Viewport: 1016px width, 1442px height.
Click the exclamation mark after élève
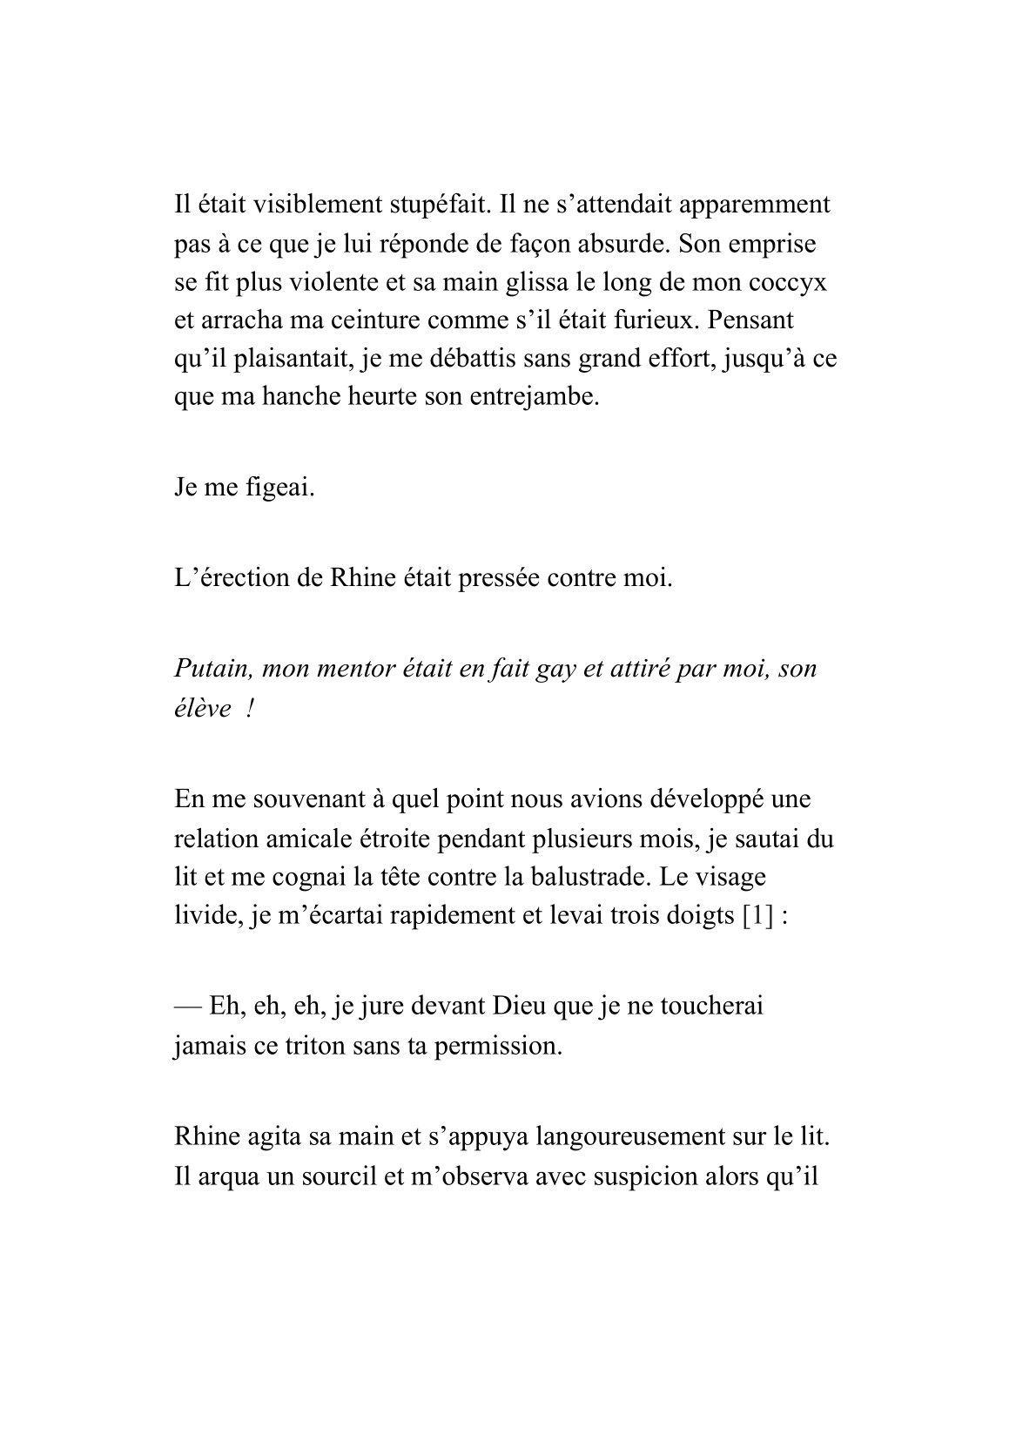[250, 708]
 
